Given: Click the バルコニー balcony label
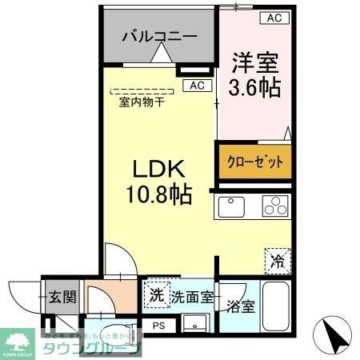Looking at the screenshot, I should point(159,36).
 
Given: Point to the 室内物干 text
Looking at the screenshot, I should point(142,102).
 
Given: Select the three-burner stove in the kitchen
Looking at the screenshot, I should point(274,206).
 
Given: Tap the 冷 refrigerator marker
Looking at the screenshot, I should point(276,259).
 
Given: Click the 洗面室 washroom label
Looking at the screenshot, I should point(191,297).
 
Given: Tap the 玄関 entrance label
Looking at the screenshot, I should point(60,298).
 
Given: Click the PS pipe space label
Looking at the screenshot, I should point(158,325).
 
